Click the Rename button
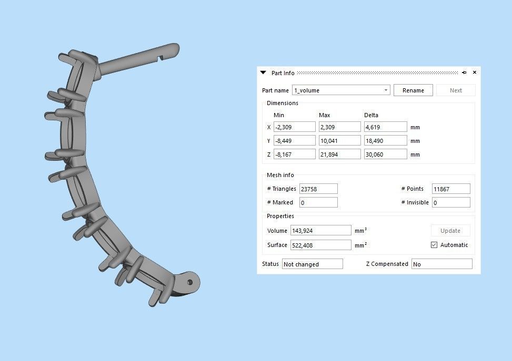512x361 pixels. click(x=413, y=90)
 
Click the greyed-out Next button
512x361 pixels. click(x=456, y=90)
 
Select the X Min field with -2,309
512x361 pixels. click(x=294, y=127)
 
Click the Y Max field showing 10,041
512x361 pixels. click(x=339, y=141)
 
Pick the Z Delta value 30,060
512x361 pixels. click(x=385, y=154)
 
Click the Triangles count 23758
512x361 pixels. click(x=318, y=189)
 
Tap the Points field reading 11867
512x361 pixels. click(x=450, y=189)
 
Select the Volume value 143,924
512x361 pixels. click(x=320, y=231)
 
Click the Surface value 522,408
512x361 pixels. click(x=320, y=245)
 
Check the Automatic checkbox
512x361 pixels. click(x=434, y=245)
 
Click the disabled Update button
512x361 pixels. click(x=450, y=231)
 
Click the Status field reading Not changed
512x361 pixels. click(x=312, y=264)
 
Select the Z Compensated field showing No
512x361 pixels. click(x=441, y=264)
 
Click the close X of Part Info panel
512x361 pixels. click(x=475, y=73)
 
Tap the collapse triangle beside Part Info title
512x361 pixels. click(x=264, y=73)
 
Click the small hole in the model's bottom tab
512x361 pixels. click(x=190, y=283)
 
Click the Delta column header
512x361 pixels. click(x=371, y=115)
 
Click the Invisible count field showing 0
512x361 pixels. click(x=450, y=202)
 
